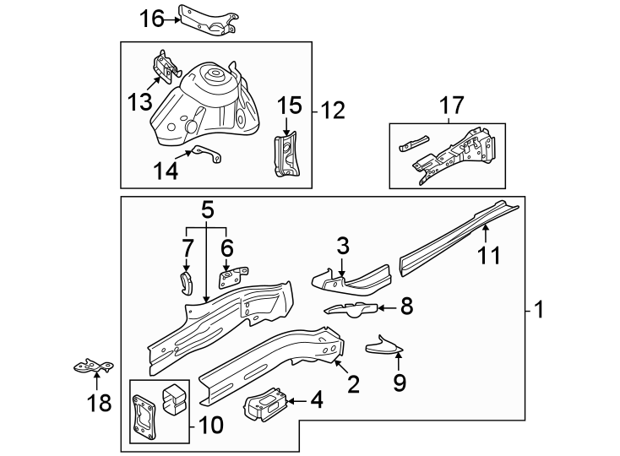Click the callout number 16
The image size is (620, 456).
153,17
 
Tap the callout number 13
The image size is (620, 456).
140,101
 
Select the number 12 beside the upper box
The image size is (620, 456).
334,110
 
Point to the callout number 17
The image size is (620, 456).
452,106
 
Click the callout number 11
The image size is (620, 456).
491,255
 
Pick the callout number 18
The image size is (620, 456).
100,403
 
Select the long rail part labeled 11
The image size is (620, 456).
456,236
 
